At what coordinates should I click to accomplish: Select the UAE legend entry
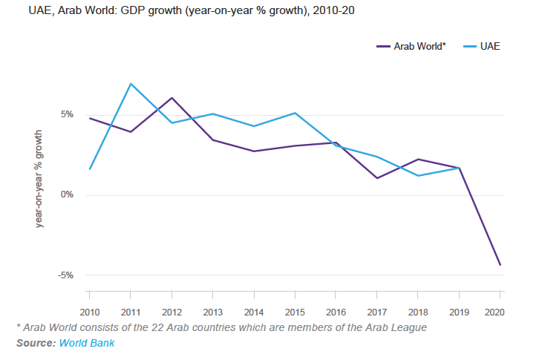pyautogui.click(x=489, y=46)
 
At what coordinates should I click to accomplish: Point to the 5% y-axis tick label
pyautogui.click(x=67, y=115)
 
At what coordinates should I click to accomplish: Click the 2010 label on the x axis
pyautogui.click(x=89, y=312)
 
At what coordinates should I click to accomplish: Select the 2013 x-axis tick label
pyautogui.click(x=213, y=312)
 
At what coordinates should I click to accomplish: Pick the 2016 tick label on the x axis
pyautogui.click(x=336, y=312)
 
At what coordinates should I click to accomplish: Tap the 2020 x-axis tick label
pyautogui.click(x=500, y=312)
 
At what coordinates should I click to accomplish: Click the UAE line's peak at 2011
pyautogui.click(x=131, y=84)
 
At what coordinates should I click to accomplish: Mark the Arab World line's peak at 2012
pyautogui.click(x=172, y=98)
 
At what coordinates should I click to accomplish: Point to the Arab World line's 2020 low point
pyautogui.click(x=500, y=265)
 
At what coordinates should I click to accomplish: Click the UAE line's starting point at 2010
pyautogui.click(x=89, y=169)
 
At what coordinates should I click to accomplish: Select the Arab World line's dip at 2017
pyautogui.click(x=377, y=178)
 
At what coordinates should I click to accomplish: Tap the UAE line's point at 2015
pyautogui.click(x=295, y=113)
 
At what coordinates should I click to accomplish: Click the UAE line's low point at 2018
pyautogui.click(x=418, y=176)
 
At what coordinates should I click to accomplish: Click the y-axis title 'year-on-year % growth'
pyautogui.click(x=39, y=178)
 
